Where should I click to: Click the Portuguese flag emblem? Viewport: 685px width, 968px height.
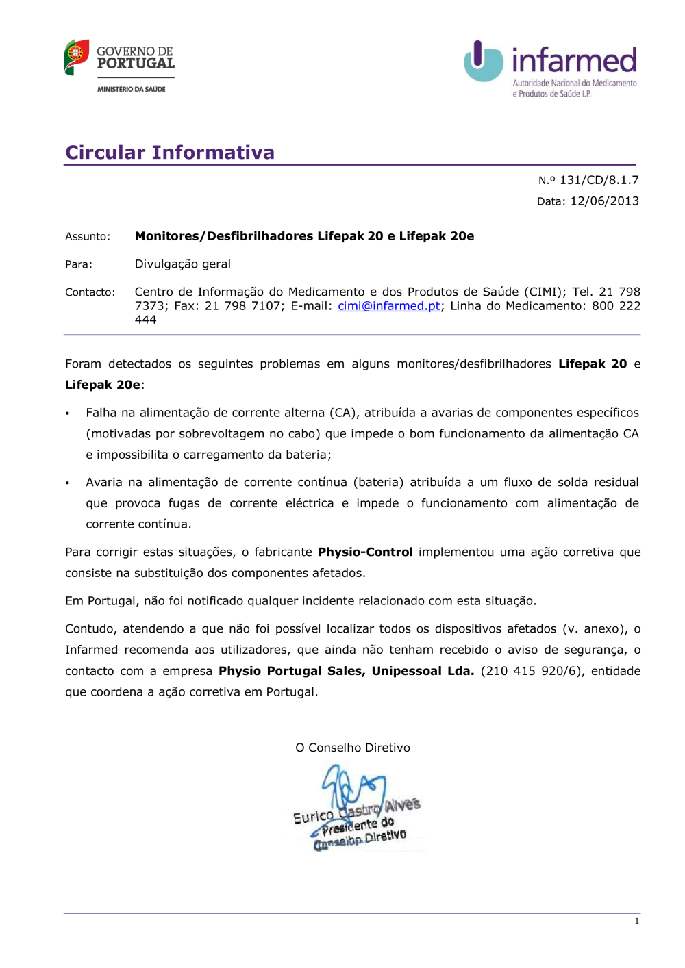click(76, 57)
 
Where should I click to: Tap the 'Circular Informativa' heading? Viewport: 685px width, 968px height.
click(170, 152)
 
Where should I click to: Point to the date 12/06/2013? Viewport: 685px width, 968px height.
click(604, 201)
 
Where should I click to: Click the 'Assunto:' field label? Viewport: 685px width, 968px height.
click(88, 237)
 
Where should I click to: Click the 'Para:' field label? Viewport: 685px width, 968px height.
click(79, 264)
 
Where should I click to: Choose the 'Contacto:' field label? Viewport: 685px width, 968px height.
click(90, 292)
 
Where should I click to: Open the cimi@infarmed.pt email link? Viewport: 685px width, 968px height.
click(388, 306)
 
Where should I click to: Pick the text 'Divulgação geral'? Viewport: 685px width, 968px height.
click(182, 264)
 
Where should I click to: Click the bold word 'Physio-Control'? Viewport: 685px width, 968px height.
click(365, 552)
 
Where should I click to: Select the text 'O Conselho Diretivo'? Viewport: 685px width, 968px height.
click(353, 748)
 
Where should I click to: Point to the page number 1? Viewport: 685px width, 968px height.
click(636, 921)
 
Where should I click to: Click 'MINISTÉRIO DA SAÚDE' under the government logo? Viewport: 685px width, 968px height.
click(132, 89)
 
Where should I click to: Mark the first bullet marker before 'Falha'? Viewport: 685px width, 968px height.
click(68, 413)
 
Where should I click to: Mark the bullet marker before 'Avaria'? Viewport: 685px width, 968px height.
click(68, 483)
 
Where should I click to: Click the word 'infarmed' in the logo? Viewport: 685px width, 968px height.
click(574, 60)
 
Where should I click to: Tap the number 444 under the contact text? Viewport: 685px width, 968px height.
click(145, 320)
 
